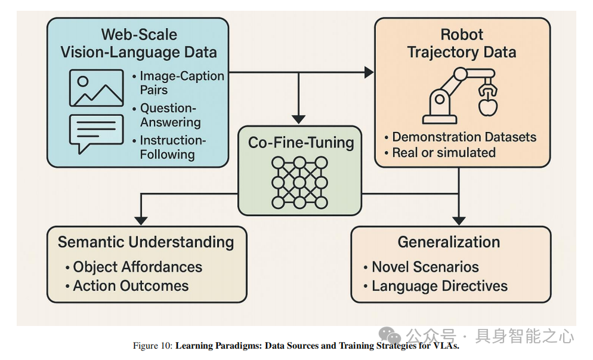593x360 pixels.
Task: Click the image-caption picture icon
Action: [x=96, y=88]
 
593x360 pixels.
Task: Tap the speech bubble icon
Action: [x=96, y=133]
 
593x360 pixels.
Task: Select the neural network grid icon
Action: [x=299, y=182]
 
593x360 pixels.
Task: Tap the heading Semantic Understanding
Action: [x=146, y=242]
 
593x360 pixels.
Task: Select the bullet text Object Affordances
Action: [x=137, y=267]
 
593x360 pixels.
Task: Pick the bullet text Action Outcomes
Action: [x=131, y=286]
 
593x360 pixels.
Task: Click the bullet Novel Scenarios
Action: [x=425, y=267]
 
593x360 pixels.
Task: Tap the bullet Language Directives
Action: [x=439, y=286]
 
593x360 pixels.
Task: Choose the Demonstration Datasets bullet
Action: [x=464, y=137]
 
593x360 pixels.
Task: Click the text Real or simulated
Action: [x=443, y=152]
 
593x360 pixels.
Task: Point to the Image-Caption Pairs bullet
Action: [x=181, y=83]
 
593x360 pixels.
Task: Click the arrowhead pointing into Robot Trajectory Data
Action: [x=369, y=72]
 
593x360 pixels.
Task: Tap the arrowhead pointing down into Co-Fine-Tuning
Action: [x=299, y=119]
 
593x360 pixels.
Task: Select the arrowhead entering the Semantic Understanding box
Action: [x=140, y=220]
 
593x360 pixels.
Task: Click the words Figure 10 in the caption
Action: [x=152, y=346]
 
